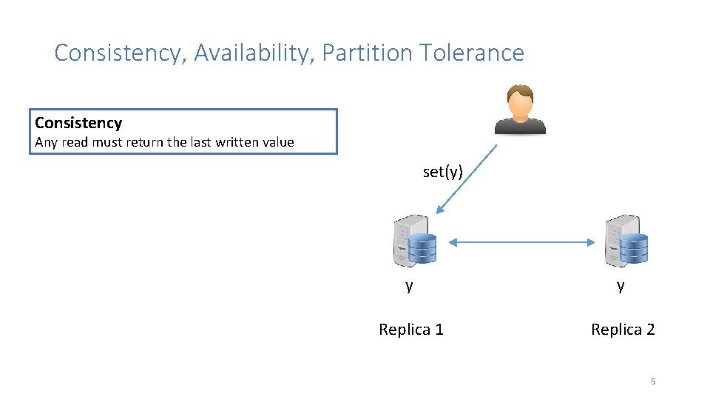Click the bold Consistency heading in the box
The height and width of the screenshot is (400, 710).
[78, 123]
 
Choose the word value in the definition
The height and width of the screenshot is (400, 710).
[276, 142]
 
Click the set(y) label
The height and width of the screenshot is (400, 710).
[442, 172]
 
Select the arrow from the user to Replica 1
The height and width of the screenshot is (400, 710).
[467, 179]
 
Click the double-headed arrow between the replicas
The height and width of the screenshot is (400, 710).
[522, 241]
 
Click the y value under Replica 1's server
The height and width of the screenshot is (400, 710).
[409, 285]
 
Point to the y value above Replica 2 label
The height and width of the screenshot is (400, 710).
[621, 285]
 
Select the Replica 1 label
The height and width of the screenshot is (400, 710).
[411, 330]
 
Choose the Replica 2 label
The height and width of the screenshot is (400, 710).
[623, 330]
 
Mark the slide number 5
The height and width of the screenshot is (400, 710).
[652, 381]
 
